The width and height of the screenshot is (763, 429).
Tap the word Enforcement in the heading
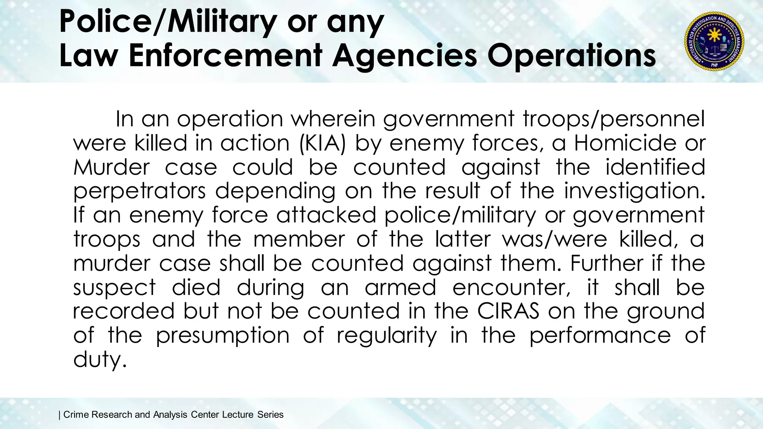(x=225, y=56)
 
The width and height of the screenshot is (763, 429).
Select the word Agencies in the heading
(x=405, y=56)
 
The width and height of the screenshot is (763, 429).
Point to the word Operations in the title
(x=572, y=56)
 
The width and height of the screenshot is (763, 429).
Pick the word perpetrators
(x=139, y=191)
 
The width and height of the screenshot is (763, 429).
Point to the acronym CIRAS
(x=508, y=311)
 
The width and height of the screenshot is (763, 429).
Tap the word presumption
(x=222, y=336)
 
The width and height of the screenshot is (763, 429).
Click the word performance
(x=600, y=336)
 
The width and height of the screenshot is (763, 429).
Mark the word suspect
(x=114, y=287)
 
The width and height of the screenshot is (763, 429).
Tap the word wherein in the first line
(x=333, y=119)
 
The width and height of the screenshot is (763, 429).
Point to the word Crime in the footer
(x=76, y=414)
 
